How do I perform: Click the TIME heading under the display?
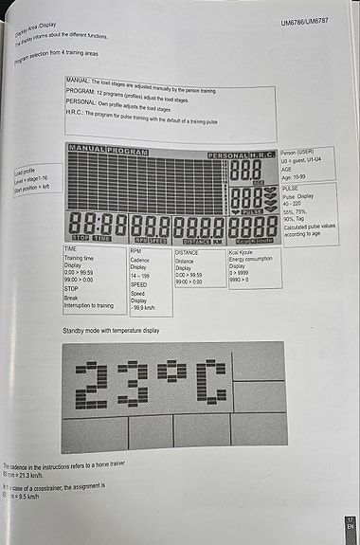click(x=71, y=248)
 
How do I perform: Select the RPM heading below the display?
click(x=136, y=251)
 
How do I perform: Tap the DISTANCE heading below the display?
click(x=188, y=253)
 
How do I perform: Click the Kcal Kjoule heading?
click(x=243, y=254)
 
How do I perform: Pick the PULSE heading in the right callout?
click(x=291, y=189)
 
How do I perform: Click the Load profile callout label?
click(x=25, y=172)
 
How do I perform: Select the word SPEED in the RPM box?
click(x=138, y=283)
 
